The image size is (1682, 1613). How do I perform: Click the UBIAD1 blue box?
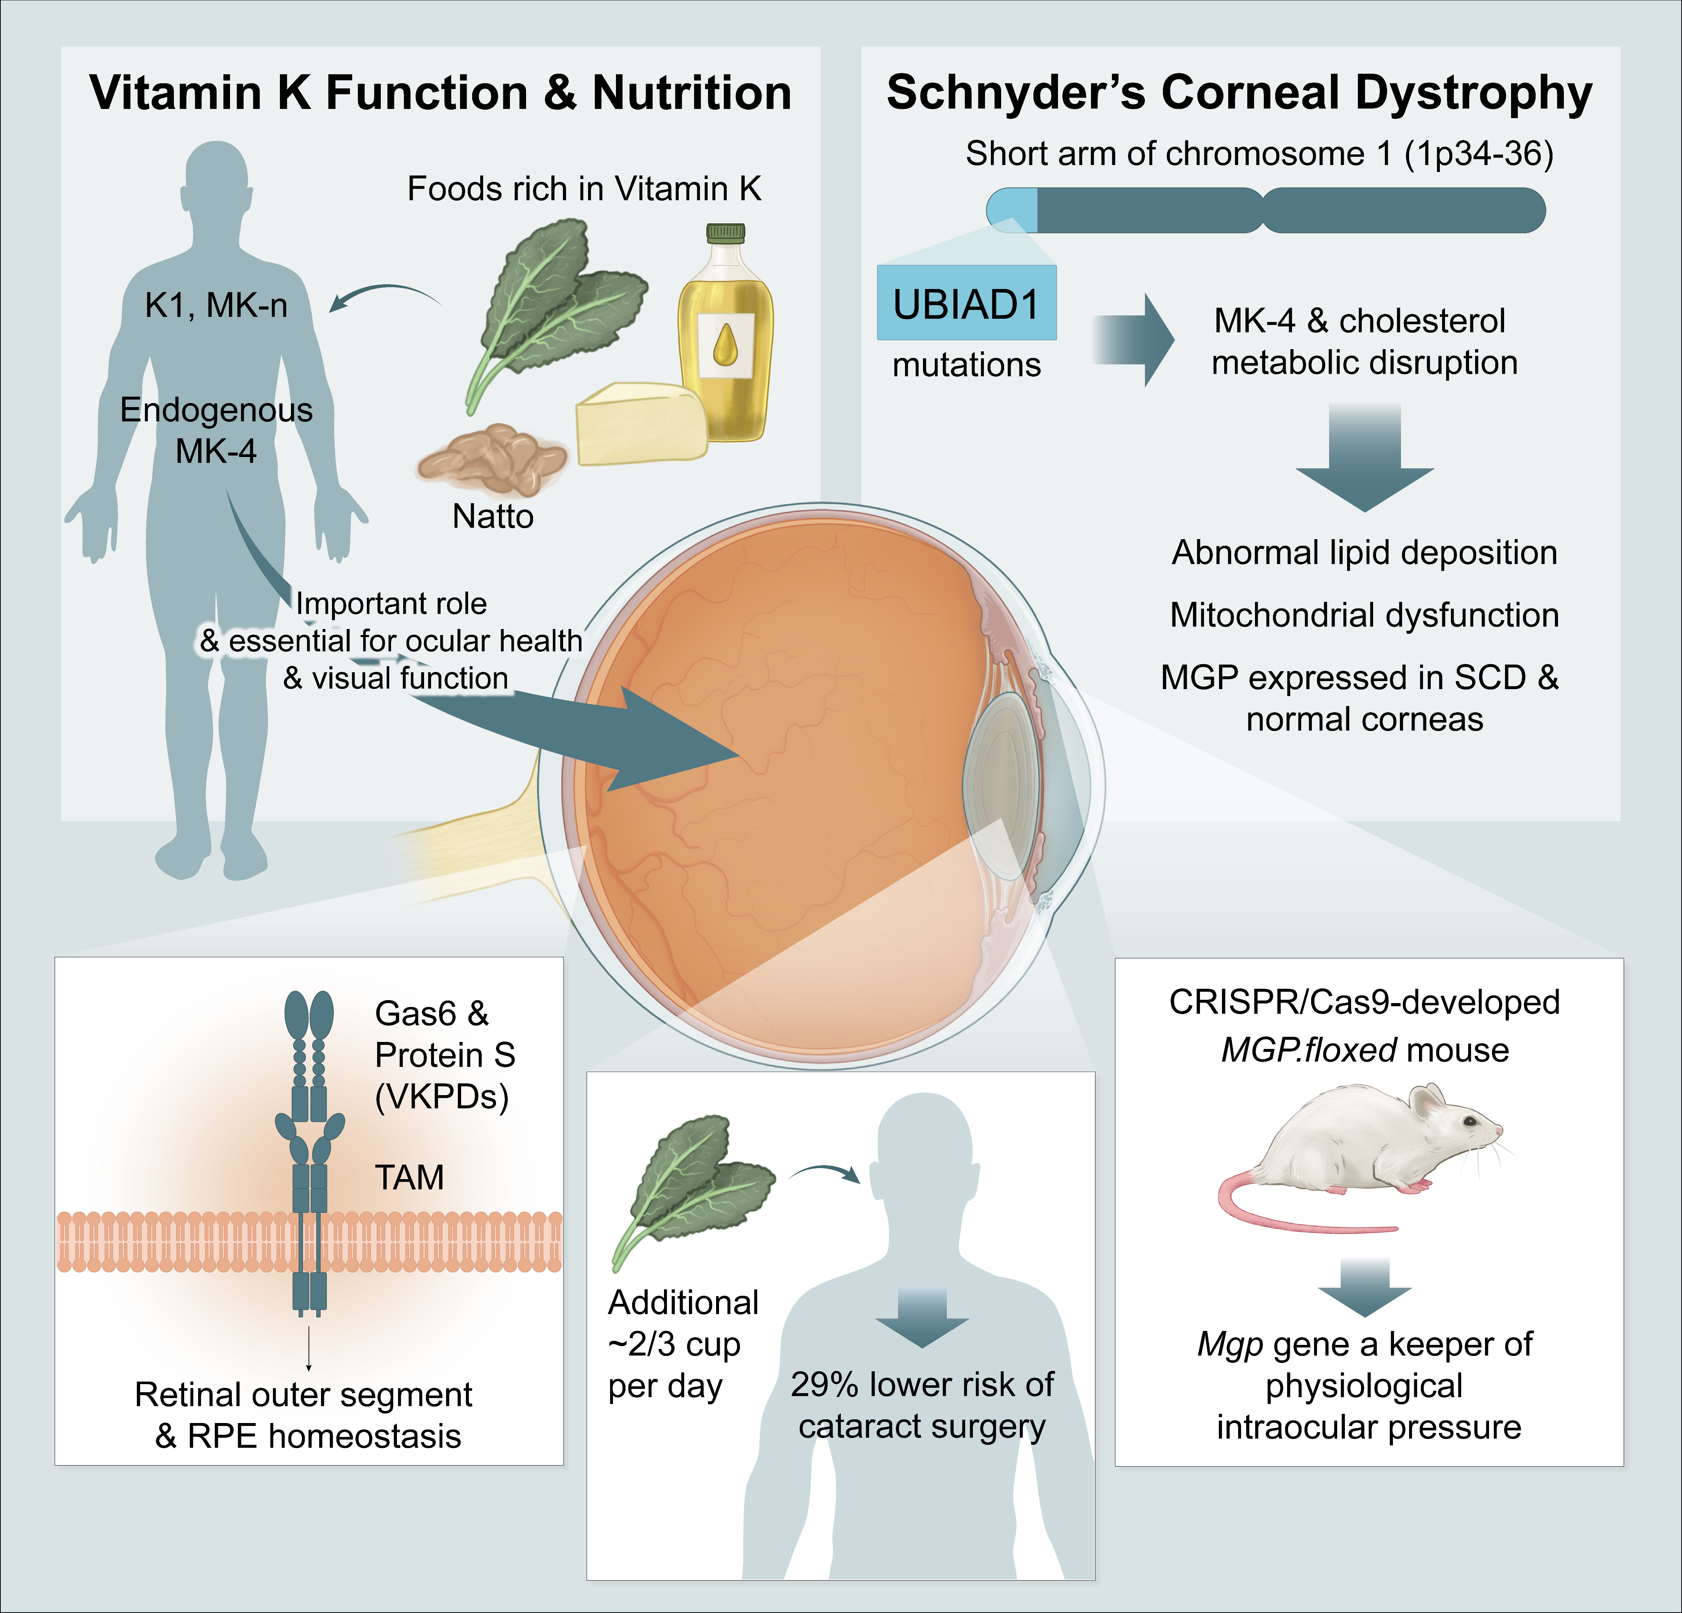(x=966, y=304)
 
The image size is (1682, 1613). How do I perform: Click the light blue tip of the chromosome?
(x=1013, y=210)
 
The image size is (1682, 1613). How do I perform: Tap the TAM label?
(x=409, y=1177)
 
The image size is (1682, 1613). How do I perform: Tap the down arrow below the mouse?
(x=1364, y=1287)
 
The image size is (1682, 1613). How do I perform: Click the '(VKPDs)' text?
(x=442, y=1097)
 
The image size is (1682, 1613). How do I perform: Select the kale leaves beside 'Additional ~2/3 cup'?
(x=686, y=1184)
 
